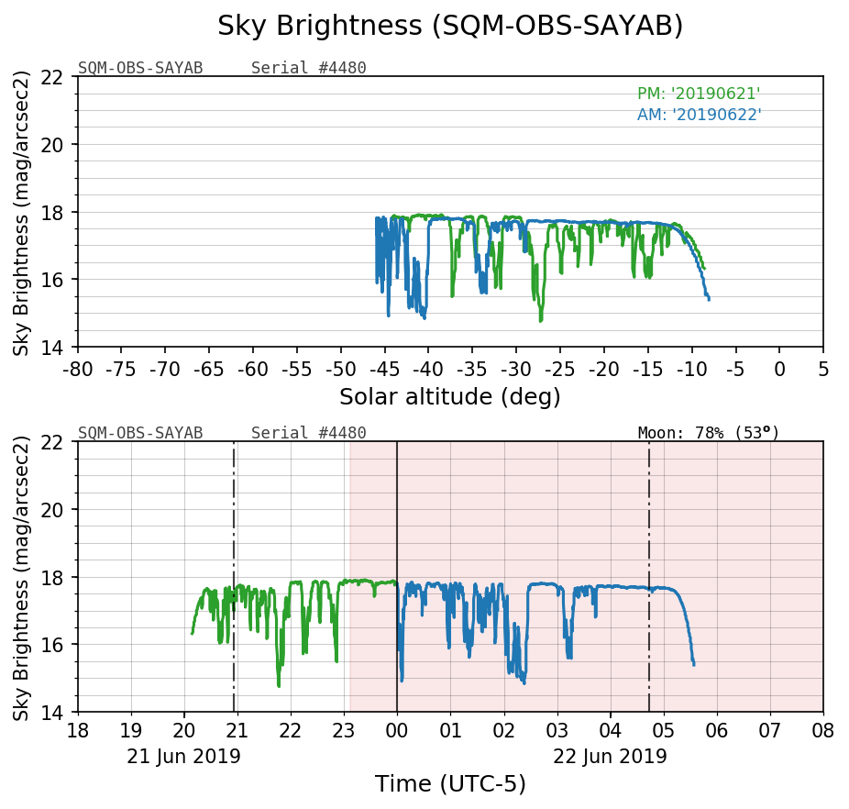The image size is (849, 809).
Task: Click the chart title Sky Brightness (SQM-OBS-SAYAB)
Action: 450,26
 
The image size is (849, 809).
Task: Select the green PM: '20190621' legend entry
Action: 699,94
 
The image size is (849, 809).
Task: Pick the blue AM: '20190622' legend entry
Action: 699,115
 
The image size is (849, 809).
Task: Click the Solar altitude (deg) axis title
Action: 450,397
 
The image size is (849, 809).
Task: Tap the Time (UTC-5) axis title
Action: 450,784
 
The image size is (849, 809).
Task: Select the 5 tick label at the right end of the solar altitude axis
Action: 822,369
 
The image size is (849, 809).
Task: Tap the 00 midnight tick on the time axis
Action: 397,731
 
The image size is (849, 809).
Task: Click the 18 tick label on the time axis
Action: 78,731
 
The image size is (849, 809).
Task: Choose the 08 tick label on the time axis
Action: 822,731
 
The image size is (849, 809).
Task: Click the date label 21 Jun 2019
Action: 183,757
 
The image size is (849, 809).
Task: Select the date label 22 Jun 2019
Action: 610,757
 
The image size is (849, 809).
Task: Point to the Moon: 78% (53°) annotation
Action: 708,432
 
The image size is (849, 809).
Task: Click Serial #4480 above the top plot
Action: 308,68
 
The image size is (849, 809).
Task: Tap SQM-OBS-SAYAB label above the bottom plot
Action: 140,433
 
